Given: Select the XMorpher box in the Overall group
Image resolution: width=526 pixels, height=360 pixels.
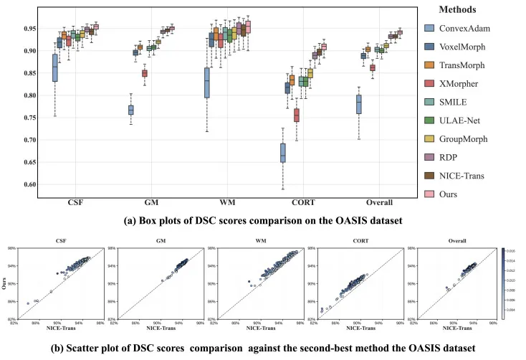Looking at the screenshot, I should point(373,67).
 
